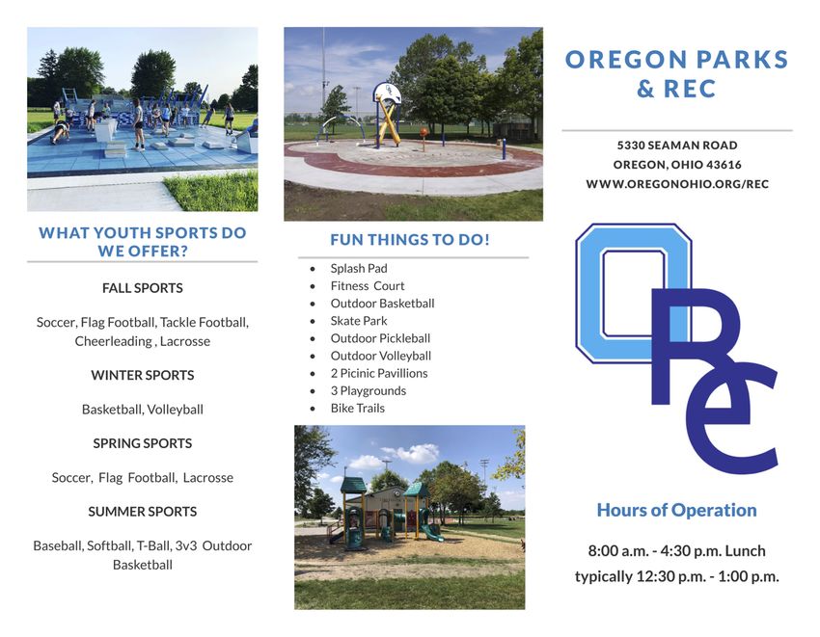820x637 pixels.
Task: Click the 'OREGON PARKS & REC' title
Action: [676, 74]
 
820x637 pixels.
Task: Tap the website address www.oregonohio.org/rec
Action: [677, 184]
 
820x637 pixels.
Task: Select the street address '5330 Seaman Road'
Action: [677, 146]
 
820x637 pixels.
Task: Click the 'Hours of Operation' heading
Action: [676, 510]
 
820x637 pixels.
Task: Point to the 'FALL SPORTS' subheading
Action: [142, 288]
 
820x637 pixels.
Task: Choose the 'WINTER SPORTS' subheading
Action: [142, 375]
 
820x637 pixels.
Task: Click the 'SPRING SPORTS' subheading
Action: [142, 443]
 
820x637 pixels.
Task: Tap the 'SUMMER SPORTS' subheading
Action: [142, 512]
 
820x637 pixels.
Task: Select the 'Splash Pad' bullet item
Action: [359, 269]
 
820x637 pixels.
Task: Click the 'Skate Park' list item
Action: [359, 321]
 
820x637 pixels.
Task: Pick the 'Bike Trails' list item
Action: [358, 408]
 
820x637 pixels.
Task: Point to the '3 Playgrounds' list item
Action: [369, 391]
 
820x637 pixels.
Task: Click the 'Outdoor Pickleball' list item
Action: [380, 338]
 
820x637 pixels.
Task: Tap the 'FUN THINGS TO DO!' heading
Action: [410, 240]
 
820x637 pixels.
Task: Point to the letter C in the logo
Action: [732, 418]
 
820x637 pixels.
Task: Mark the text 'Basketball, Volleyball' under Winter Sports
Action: [142, 410]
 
